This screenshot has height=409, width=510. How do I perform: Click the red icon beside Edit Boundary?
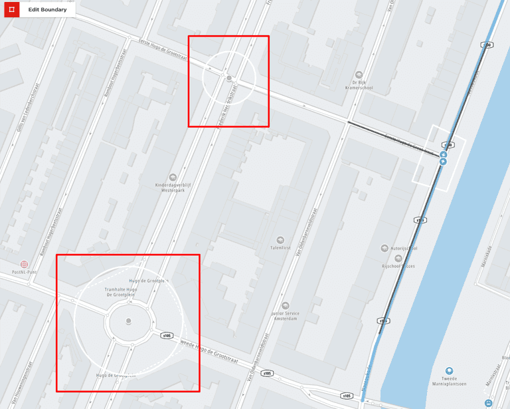(x=11, y=9)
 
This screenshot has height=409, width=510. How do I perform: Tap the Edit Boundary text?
(x=47, y=9)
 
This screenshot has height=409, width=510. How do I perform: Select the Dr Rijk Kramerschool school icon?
(x=359, y=74)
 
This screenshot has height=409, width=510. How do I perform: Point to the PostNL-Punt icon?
(x=25, y=264)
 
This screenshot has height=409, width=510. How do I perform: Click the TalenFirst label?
(x=281, y=247)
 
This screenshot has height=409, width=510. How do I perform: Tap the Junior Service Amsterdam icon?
(x=286, y=306)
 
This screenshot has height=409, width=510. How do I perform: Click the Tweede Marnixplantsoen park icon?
(x=450, y=371)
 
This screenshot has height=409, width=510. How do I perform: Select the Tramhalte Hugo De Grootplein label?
(x=122, y=293)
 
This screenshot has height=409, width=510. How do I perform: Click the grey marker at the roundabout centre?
(x=128, y=322)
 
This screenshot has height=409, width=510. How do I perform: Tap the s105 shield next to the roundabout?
(x=167, y=335)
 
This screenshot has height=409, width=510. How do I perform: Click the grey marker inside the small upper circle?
(x=229, y=78)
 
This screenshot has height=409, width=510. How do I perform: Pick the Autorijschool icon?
(x=384, y=249)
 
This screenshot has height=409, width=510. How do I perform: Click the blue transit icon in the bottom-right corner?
(x=489, y=402)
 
